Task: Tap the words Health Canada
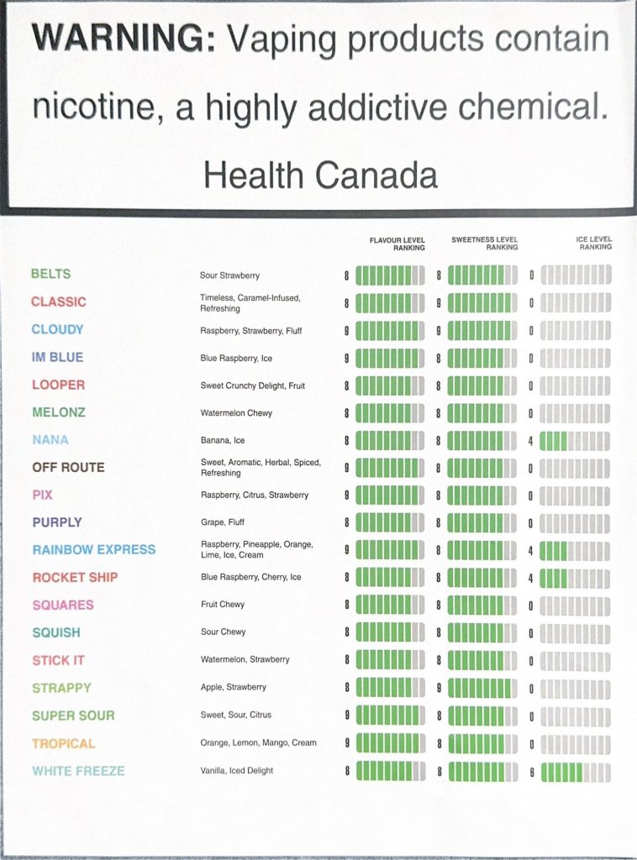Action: (320, 175)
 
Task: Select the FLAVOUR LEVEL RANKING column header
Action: (397, 244)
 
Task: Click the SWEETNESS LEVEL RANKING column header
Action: (485, 244)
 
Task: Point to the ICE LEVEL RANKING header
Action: (593, 244)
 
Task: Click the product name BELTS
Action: (50, 274)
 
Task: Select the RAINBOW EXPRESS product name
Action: (94, 550)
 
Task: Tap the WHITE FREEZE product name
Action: (78, 771)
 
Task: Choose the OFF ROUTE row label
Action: (68, 468)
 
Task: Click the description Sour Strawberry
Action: (229, 275)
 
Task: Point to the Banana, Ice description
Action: (223, 440)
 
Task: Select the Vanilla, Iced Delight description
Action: (236, 771)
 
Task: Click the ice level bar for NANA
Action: (575, 440)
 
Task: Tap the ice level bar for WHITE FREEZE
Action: (576, 772)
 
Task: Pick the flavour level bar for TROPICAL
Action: (391, 743)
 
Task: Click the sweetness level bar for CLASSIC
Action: (482, 302)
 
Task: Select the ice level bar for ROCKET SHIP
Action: (575, 578)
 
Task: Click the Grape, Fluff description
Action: (224, 522)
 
